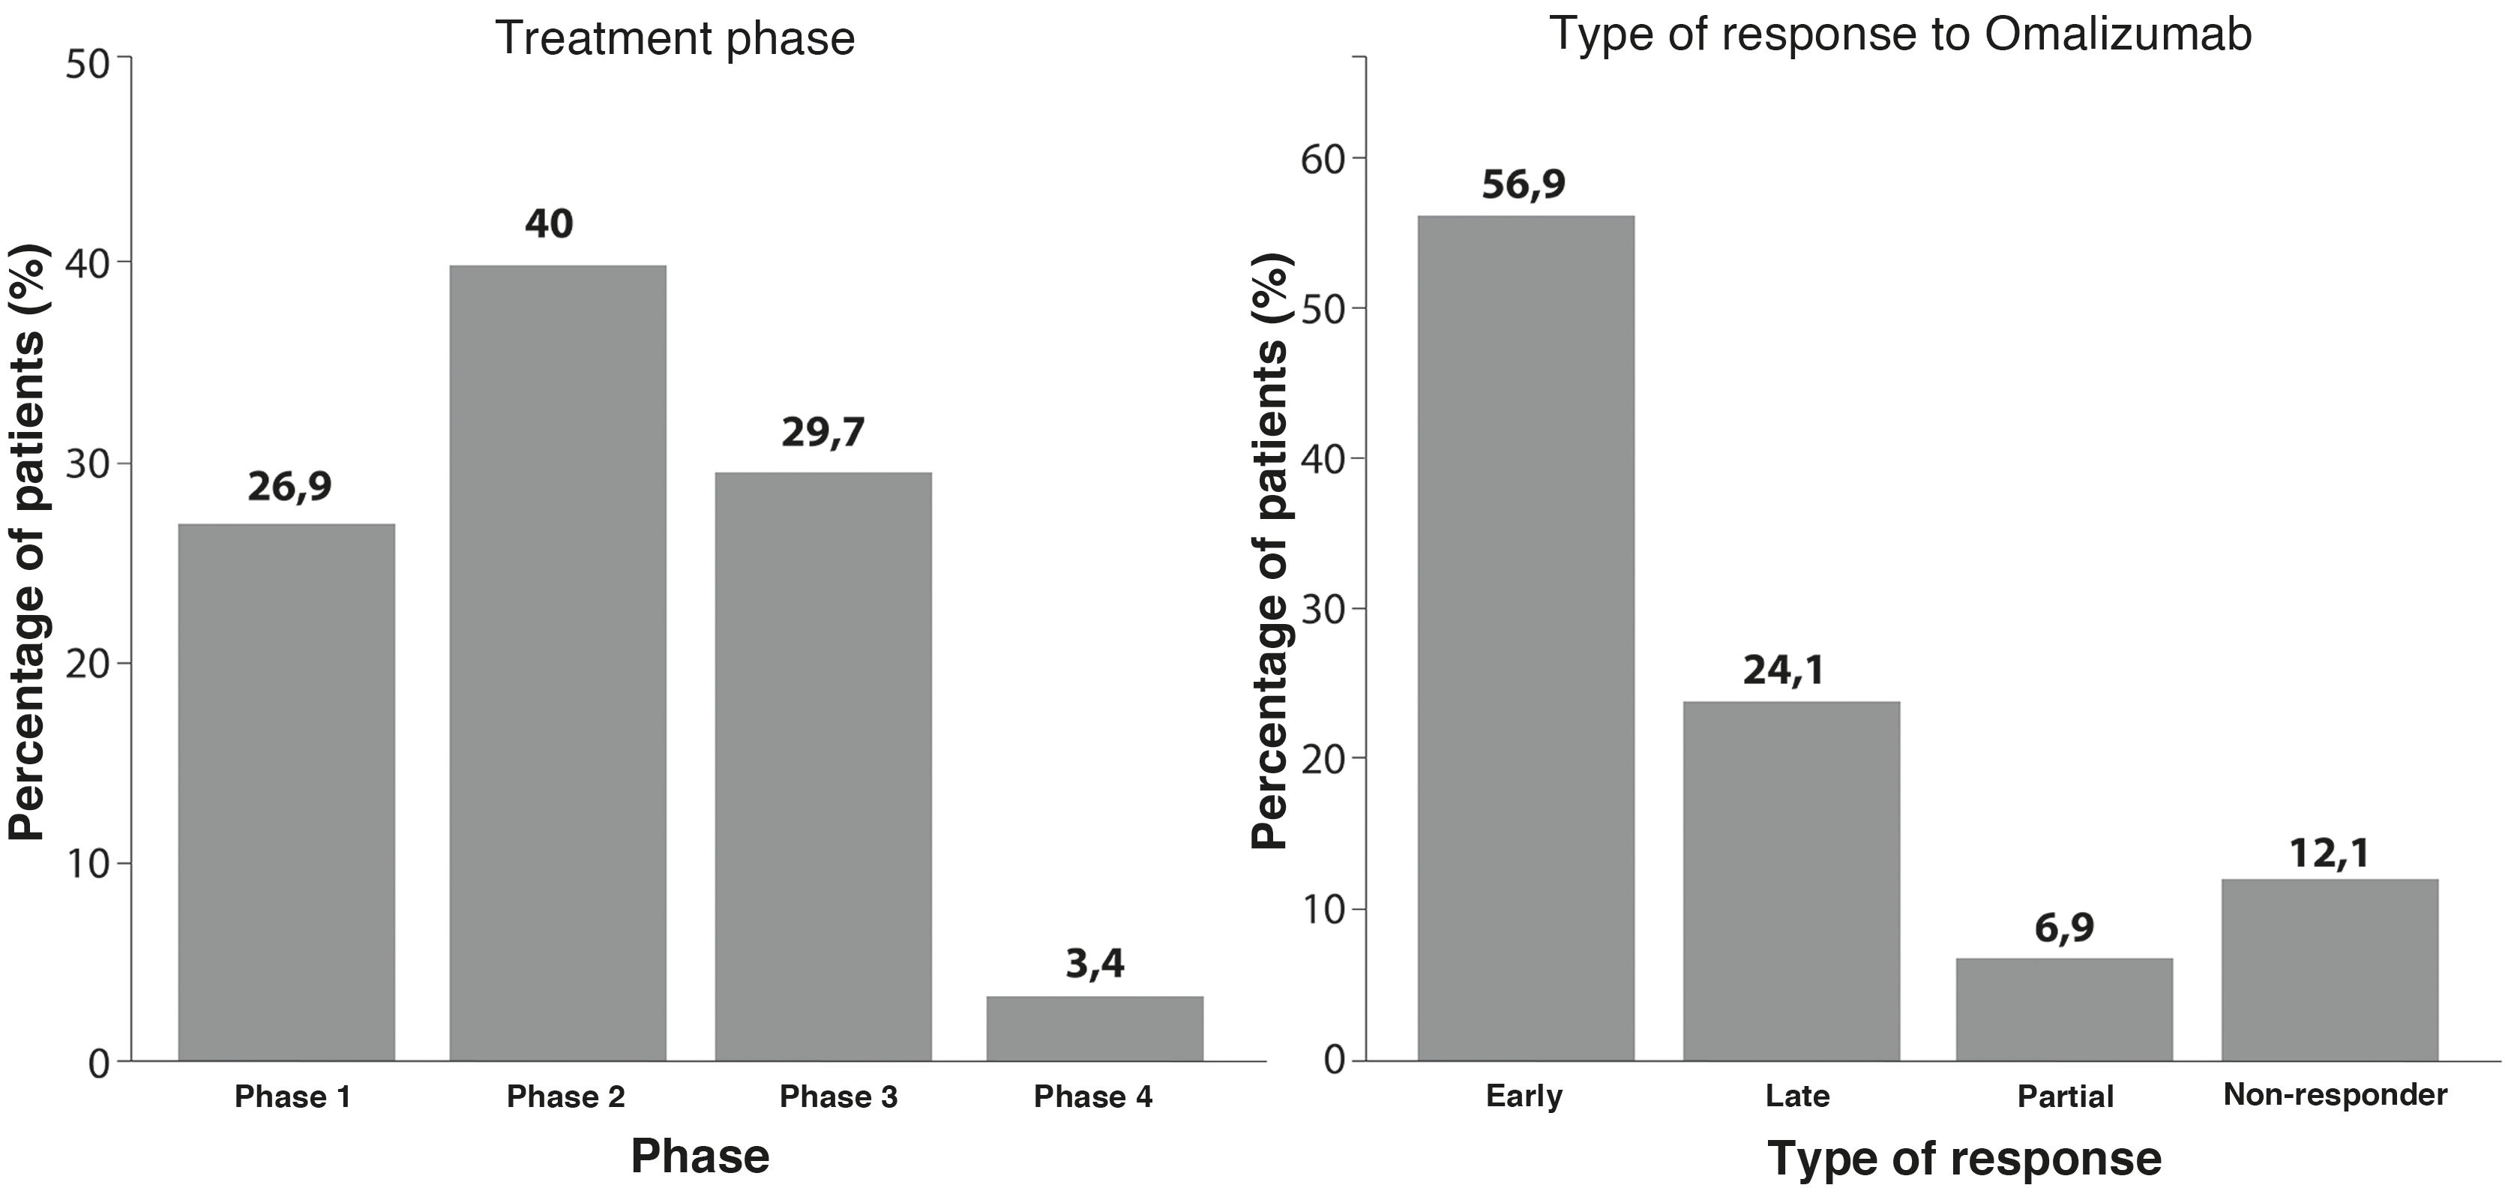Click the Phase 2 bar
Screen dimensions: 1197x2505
point(557,662)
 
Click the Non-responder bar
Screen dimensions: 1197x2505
point(2330,970)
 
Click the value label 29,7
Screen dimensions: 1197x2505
point(823,433)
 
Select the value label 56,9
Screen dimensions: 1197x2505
point(1524,184)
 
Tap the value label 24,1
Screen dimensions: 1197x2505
point(1784,670)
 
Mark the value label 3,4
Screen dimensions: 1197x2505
point(1095,964)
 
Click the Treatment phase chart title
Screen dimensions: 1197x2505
point(675,39)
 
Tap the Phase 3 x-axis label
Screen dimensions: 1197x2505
point(838,1096)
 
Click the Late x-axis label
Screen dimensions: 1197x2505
point(1797,1096)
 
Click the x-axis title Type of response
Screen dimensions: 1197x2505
point(1964,1158)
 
